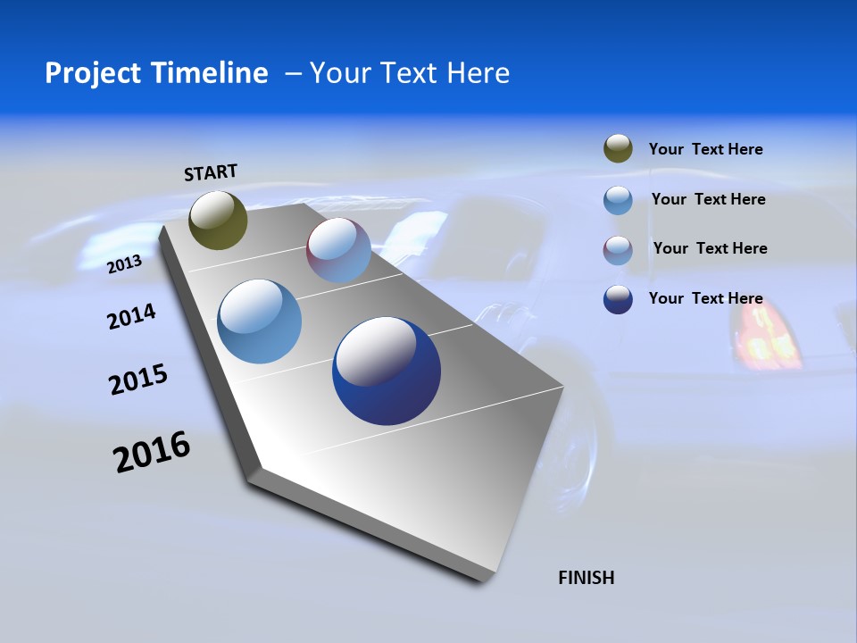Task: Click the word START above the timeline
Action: [x=211, y=172]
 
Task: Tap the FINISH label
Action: [x=586, y=578]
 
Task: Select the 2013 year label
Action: [x=124, y=264]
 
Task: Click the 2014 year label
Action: [x=131, y=316]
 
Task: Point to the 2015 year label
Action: [x=138, y=380]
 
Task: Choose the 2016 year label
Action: [x=152, y=452]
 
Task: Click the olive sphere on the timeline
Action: [x=218, y=220]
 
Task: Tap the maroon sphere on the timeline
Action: [x=338, y=250]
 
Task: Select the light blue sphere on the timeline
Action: [x=260, y=321]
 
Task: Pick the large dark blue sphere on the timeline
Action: [x=387, y=371]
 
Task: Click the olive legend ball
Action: [x=618, y=148]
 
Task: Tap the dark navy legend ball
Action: [x=618, y=299]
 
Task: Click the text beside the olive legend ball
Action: [x=705, y=149]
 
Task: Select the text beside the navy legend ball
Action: [x=705, y=298]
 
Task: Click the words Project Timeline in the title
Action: [x=156, y=73]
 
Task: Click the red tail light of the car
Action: [x=767, y=339]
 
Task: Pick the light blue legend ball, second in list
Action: [x=618, y=200]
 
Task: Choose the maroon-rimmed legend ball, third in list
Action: [x=618, y=250]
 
